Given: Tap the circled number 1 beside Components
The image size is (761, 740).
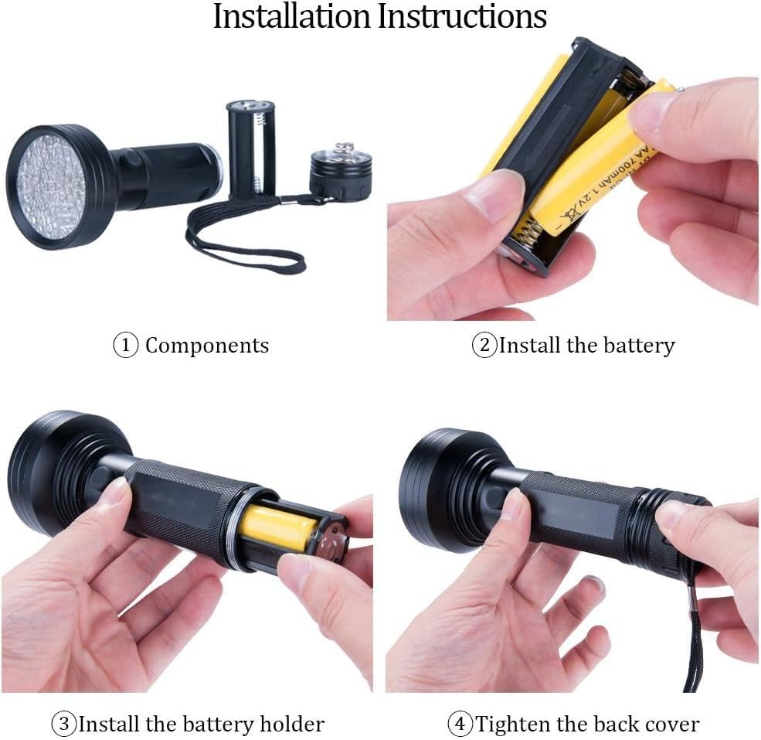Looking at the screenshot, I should (x=125, y=345).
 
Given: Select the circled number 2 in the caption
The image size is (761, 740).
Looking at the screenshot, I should (x=484, y=345).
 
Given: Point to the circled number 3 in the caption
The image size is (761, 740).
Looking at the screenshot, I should (x=64, y=724).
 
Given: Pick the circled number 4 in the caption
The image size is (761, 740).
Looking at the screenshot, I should (x=460, y=724).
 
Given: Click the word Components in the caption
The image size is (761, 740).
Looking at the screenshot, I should (x=207, y=346).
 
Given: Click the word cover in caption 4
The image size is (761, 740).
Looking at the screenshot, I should (x=671, y=724).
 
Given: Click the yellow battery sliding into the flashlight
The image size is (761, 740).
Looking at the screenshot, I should (x=277, y=527).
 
